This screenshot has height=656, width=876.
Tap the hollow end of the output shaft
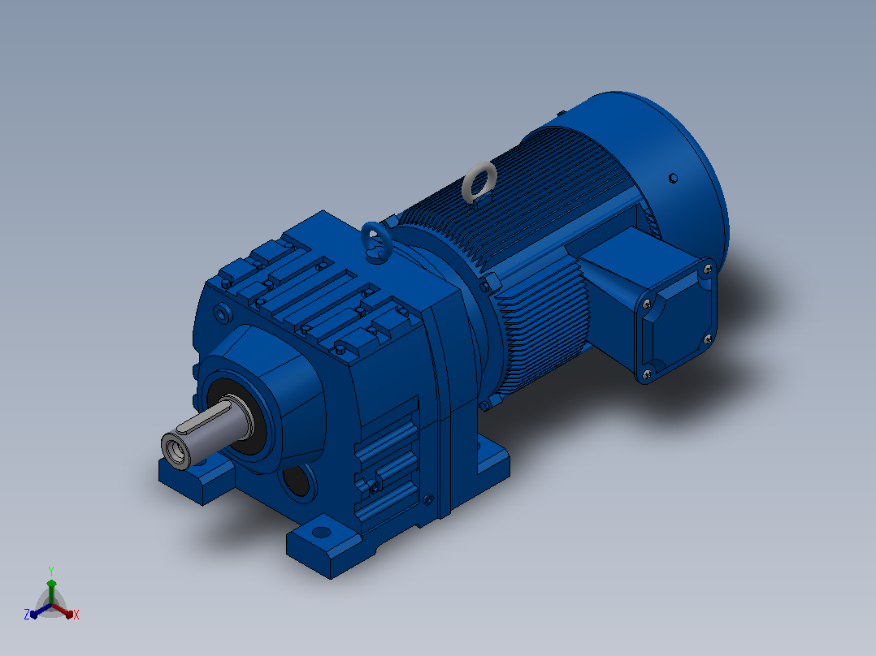(x=176, y=451)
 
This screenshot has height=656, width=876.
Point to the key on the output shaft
(x=203, y=417)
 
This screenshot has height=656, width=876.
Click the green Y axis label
(x=51, y=571)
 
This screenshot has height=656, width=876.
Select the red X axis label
(x=76, y=615)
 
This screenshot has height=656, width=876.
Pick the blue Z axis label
(x=26, y=615)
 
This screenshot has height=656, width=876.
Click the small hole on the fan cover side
(x=673, y=178)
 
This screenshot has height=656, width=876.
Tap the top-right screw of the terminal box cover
(x=707, y=269)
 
